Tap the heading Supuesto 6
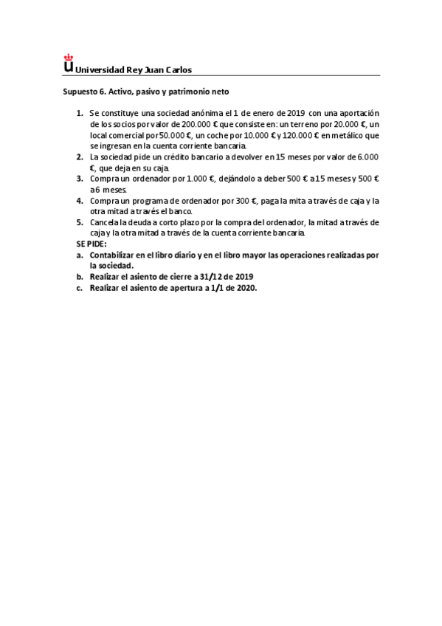[84, 92]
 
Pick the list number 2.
[80, 156]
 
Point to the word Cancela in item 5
[105, 222]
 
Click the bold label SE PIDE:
[91, 244]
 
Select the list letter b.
[79, 276]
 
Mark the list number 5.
[80, 222]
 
